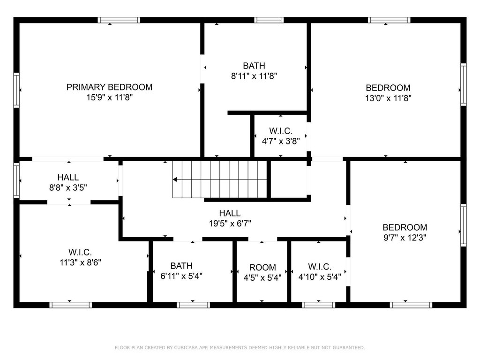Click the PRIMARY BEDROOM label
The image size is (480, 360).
109,87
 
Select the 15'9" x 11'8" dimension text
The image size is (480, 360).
109,97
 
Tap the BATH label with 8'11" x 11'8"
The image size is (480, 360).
254,66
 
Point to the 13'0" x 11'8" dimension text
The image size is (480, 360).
388,98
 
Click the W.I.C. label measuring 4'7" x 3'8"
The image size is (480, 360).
281,131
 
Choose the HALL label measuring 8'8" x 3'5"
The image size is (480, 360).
68,177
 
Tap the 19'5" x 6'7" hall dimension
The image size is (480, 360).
230,224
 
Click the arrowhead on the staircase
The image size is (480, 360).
175,180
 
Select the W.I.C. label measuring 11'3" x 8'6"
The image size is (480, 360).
80,252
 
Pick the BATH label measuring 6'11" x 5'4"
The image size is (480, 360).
181,266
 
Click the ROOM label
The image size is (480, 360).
262,268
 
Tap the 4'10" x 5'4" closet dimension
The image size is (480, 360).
320,277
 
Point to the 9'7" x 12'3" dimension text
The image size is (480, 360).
405,238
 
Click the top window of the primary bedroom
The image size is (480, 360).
119,20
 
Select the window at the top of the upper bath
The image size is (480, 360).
269,20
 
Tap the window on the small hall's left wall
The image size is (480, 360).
16,180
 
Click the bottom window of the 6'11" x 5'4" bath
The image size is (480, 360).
194,305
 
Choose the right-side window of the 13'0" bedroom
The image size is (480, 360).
464,84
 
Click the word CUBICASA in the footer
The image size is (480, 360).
186,347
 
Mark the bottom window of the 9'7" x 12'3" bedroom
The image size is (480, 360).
411,305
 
